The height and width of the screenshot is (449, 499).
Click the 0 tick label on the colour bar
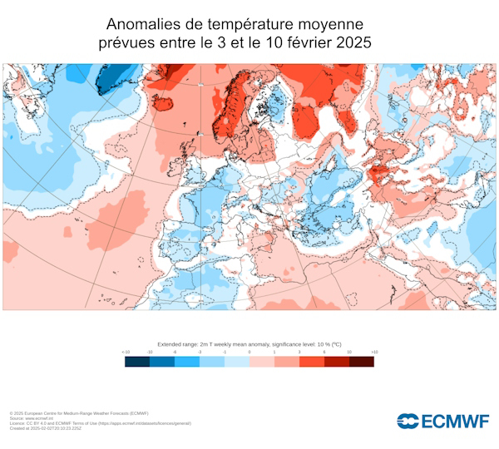click(249, 353)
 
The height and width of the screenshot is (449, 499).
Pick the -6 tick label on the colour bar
click(175, 353)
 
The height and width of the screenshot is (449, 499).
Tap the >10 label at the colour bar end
click(373, 353)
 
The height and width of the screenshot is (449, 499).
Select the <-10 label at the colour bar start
click(126, 353)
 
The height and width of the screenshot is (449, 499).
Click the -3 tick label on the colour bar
click(200, 353)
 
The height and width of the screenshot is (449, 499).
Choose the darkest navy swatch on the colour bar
click(137, 361)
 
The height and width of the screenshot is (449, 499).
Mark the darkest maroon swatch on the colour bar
click(362, 361)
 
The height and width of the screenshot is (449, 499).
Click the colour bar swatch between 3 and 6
click(312, 361)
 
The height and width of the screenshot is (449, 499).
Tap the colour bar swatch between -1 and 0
click(237, 361)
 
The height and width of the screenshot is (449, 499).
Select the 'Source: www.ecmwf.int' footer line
click(33, 417)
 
